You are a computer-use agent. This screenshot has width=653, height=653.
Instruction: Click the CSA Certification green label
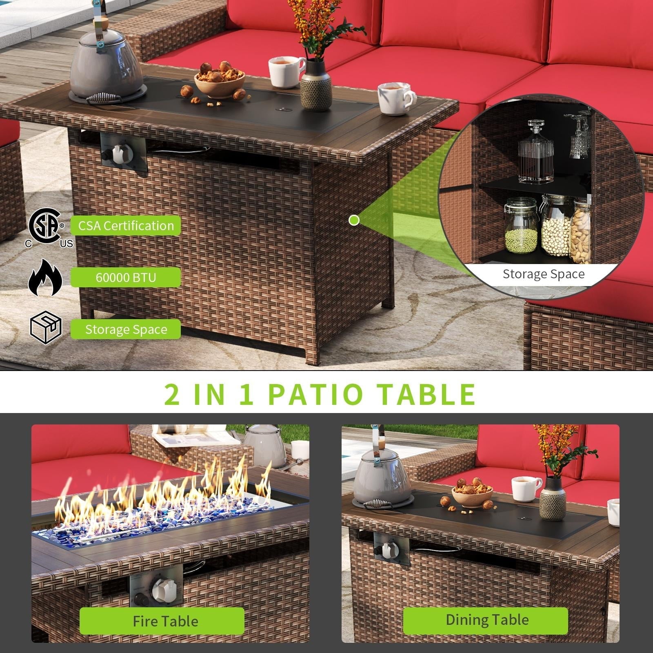coord(126,226)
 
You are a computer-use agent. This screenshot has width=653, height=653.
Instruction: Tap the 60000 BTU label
coord(126,278)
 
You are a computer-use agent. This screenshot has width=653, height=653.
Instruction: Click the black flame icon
coord(45,278)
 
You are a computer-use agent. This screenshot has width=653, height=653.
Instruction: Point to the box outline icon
coord(46,327)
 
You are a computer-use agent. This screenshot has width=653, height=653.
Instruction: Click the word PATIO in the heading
coord(315,393)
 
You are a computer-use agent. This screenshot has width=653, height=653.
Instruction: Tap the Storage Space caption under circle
coord(543,274)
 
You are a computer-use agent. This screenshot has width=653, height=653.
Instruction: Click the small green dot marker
coord(354,220)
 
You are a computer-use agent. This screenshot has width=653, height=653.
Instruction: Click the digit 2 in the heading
coord(172,393)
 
